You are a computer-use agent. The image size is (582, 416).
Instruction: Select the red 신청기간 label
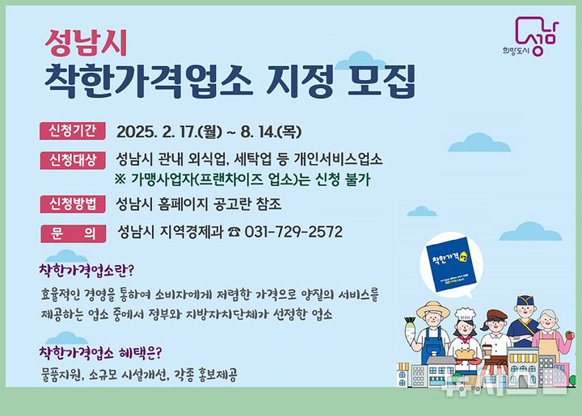click(73, 131)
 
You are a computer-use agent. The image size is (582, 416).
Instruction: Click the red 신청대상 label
click(73, 158)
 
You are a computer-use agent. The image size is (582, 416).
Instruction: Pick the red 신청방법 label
click(73, 203)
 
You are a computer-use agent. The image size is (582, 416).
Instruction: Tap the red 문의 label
click(73, 232)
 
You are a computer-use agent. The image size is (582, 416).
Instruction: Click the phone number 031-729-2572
click(293, 232)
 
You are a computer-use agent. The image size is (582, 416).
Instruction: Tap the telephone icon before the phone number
click(234, 233)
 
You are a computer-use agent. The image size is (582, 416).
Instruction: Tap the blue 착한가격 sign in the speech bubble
click(447, 260)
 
